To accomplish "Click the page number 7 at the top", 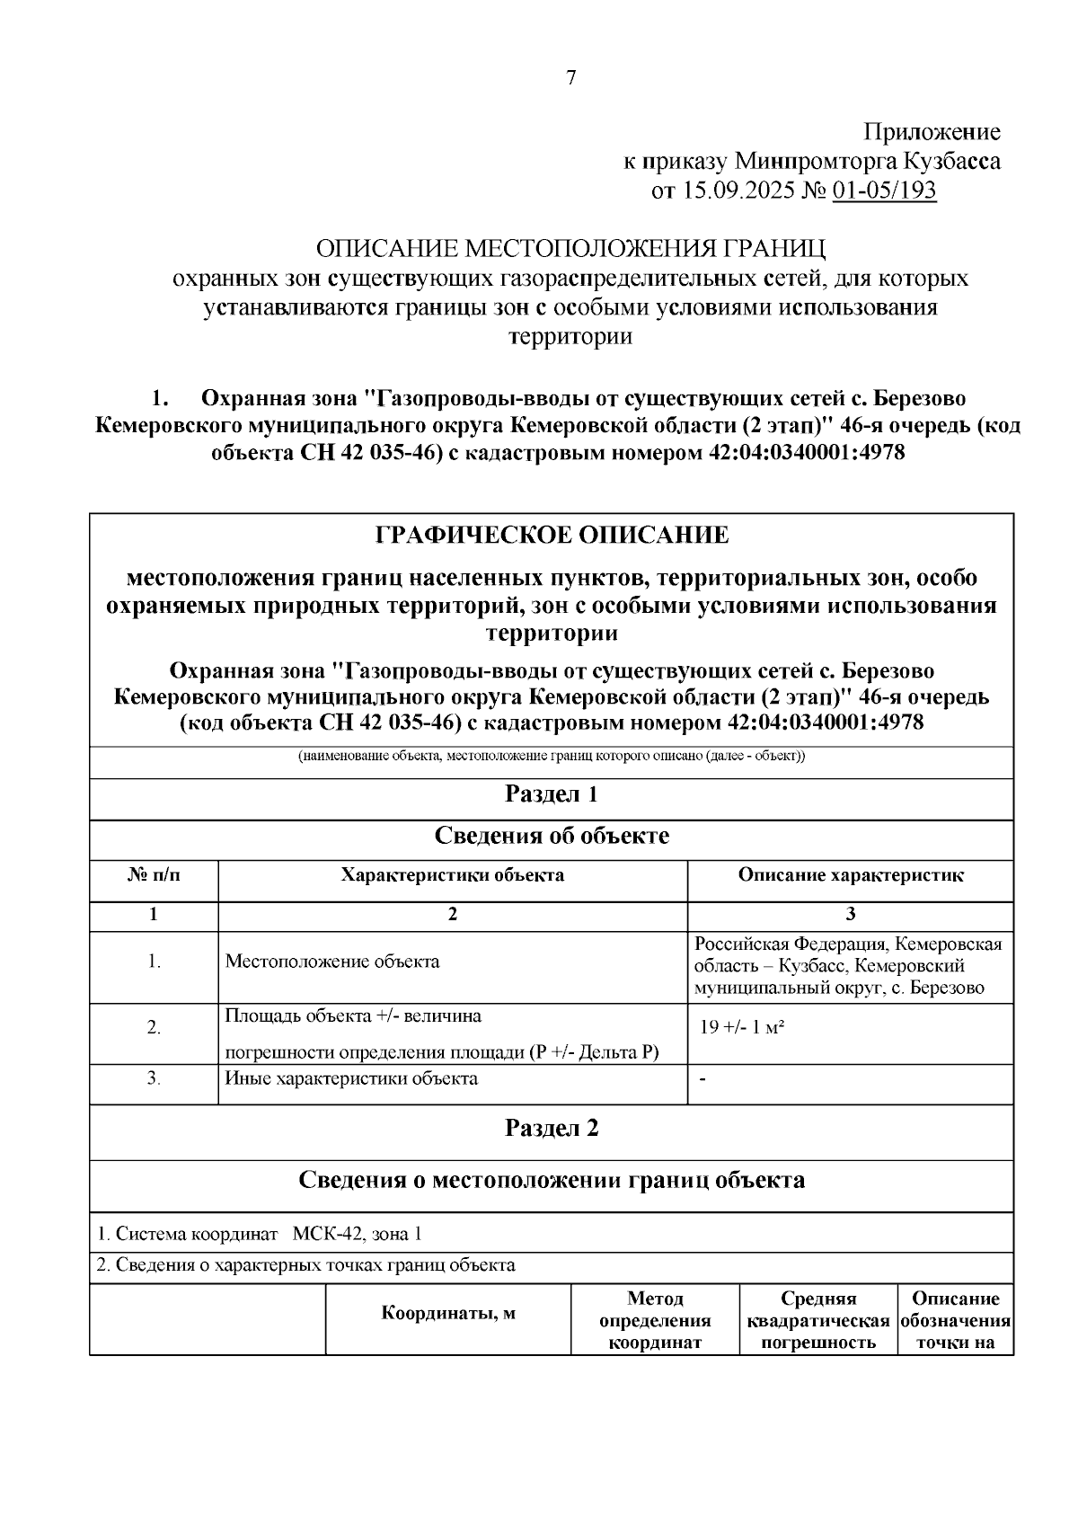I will pos(570,78).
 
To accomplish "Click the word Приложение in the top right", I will pos(932,132).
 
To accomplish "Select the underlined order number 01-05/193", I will pos(884,191).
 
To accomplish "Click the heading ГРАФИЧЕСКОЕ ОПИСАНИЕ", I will pos(552,536).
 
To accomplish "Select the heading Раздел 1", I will pos(552,794).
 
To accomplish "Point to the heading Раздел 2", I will pos(552,1128).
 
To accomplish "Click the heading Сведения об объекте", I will pos(552,836).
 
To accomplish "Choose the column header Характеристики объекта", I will pos(452,874).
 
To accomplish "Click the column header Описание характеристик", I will pos(850,874).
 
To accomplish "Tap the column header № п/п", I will pos(154,874).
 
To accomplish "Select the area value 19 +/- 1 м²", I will pos(742,1027).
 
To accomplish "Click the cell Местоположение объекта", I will pos(331,962).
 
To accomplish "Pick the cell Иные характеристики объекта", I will pos(350,1078).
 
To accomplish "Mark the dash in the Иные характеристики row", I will pos(702,1079).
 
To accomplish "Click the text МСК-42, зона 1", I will pos(357,1235).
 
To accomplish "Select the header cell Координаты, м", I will pos(448,1314).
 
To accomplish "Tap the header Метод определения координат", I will pos(655,1321).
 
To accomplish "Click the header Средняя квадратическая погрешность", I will pos(817,1321).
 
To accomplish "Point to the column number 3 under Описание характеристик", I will pos(850,915).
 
